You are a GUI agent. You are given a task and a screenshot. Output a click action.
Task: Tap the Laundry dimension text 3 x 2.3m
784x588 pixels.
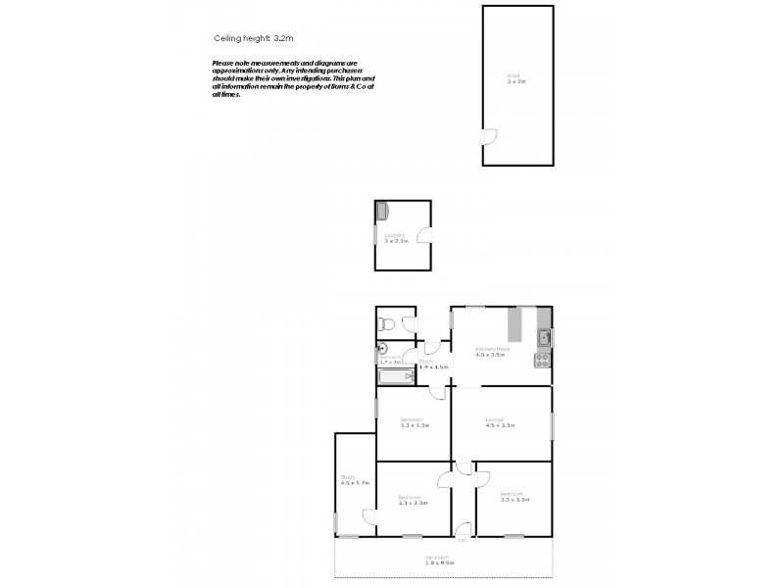pos(395,241)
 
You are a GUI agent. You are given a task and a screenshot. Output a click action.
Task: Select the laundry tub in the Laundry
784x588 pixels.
pos(382,211)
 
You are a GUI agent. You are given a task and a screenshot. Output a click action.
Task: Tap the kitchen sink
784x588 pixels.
pos(544,340)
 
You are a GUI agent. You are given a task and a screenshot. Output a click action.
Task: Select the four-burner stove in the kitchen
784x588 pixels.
pos(542,361)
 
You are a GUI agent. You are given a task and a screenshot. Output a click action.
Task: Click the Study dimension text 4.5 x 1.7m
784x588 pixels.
pos(354,483)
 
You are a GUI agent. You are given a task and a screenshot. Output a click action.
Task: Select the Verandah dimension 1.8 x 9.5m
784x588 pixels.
pos(439,563)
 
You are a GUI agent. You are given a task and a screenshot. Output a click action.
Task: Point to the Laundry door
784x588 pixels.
pos(422,235)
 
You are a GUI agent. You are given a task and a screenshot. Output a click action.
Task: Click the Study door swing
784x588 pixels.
pos(369,517)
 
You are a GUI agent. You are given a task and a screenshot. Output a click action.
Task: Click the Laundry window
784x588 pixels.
pos(375,235)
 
